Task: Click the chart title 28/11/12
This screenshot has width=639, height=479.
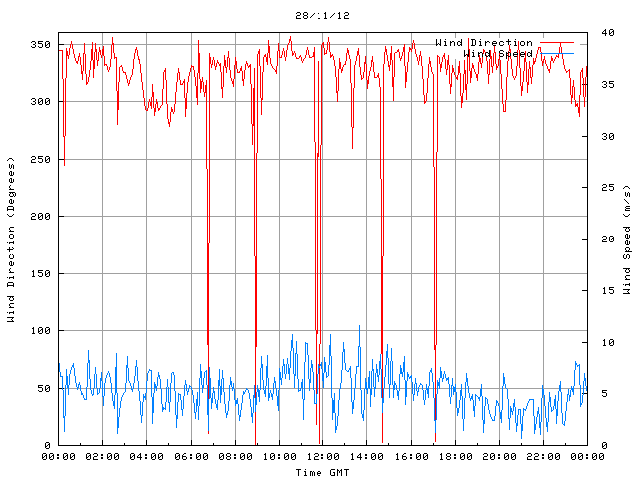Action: [x=322, y=16]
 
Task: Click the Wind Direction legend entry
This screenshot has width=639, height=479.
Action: [x=484, y=43]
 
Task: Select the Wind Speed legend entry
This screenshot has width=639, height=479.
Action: [x=498, y=53]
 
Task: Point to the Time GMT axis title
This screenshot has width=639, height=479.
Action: [x=322, y=472]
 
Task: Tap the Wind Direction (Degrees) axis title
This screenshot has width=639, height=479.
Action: [x=12, y=239]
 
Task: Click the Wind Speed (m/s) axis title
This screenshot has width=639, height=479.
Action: [x=627, y=239]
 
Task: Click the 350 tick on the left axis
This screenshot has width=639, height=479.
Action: [x=40, y=45]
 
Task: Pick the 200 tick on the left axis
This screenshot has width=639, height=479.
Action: [x=40, y=217]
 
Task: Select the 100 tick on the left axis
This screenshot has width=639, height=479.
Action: [x=40, y=331]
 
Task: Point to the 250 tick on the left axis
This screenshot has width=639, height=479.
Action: [x=40, y=160]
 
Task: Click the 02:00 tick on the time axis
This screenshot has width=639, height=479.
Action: [x=103, y=457]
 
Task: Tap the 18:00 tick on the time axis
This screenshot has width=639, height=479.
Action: [x=455, y=457]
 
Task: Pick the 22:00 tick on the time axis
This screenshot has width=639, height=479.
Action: [x=543, y=457]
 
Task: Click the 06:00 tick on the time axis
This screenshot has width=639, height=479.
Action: [x=191, y=457]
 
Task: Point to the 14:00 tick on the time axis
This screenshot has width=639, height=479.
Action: [x=367, y=457]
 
